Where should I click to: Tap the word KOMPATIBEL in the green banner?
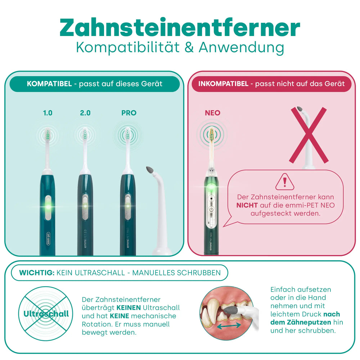point(49,84)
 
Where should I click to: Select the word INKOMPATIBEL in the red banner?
point(224,84)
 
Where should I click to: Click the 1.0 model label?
point(48,113)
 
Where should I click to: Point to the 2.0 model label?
point(85,113)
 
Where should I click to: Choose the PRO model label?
point(129,113)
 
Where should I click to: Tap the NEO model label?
point(213,113)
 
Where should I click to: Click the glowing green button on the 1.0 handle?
point(48,207)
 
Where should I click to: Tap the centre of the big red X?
point(309,135)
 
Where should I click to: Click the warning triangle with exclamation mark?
point(285,182)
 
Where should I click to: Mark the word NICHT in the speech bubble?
point(247,205)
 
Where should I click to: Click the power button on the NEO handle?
point(211,210)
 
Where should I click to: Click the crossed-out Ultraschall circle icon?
point(46,314)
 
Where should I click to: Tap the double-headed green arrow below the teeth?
point(229,325)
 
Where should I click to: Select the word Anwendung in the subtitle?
point(241,48)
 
